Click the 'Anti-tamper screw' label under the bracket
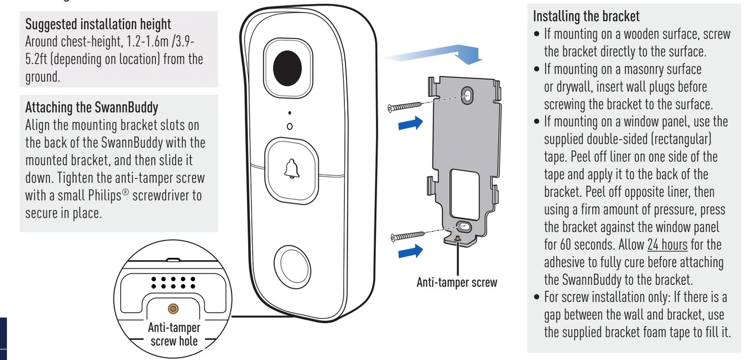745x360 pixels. pos(457,283)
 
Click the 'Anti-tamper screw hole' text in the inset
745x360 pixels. pos(174,334)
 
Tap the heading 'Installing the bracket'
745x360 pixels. pos(586,16)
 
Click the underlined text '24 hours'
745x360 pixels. pos(667,245)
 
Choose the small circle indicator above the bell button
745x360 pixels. pos(290,126)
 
